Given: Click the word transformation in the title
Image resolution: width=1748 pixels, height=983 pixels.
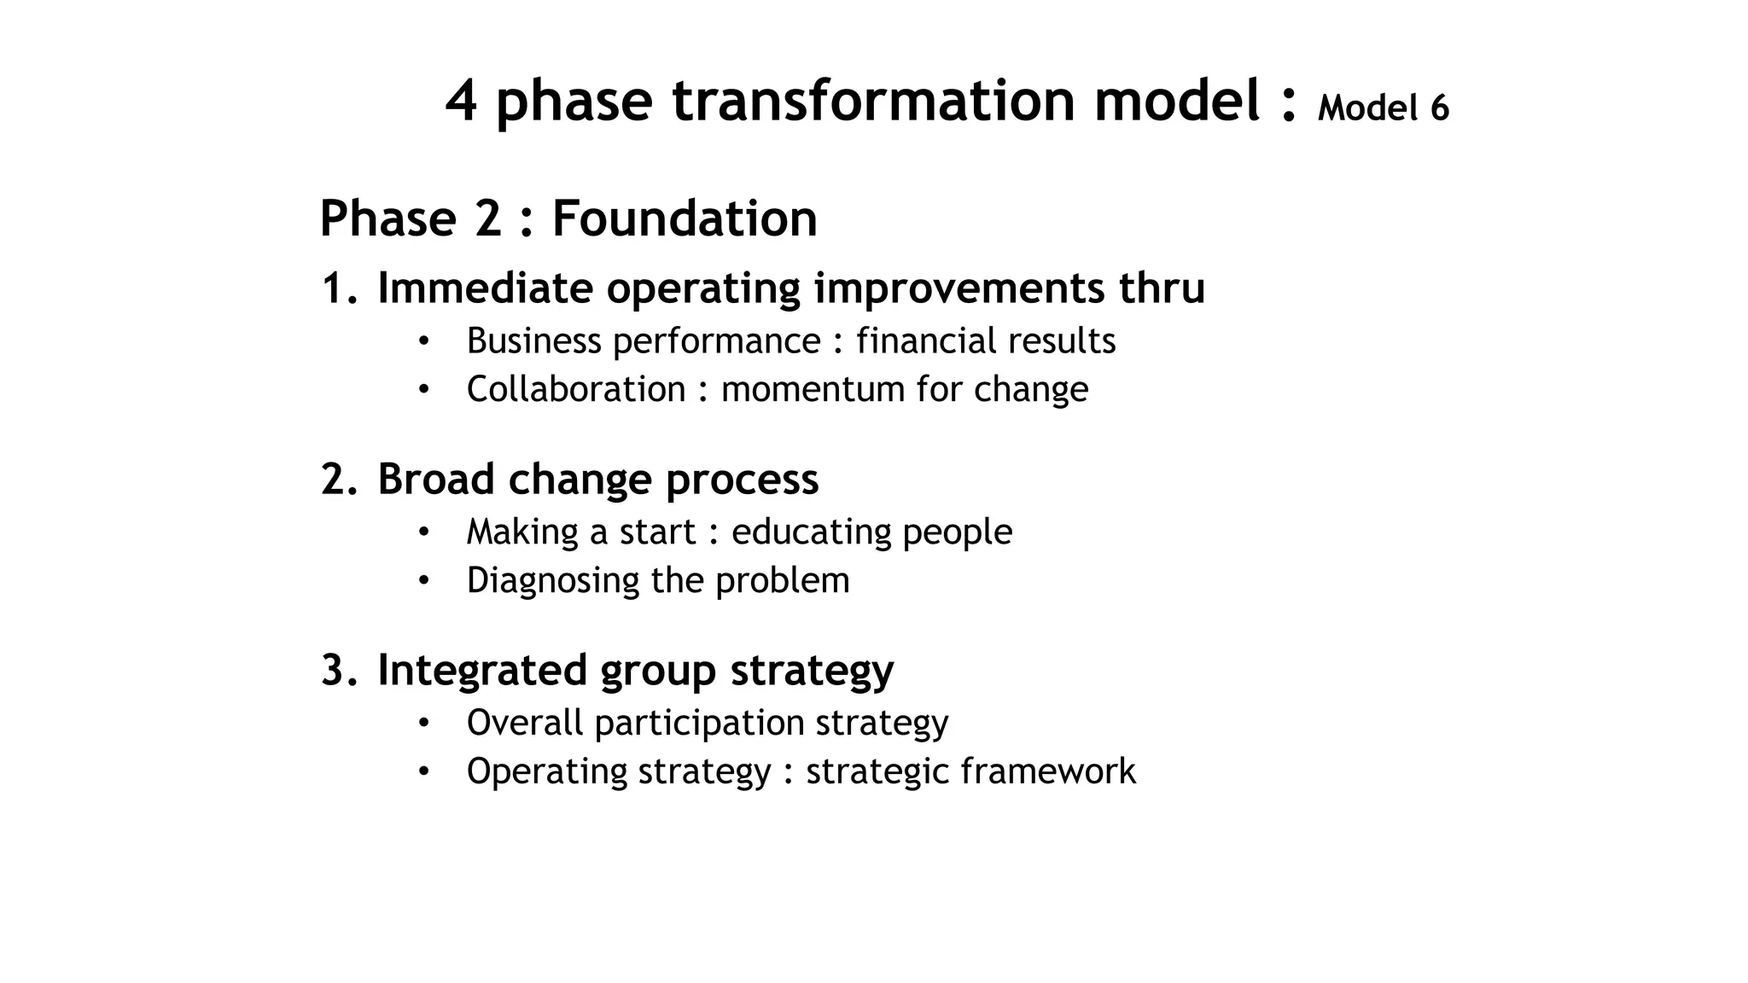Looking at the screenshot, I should click(873, 101).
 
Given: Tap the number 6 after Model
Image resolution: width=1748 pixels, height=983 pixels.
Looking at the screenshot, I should click(1439, 108).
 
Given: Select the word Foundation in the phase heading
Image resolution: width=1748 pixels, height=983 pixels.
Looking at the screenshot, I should click(685, 218).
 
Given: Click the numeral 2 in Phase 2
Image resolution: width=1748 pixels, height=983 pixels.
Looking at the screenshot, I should click(487, 218).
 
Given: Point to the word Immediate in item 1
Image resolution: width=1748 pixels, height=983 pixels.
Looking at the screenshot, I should click(485, 288).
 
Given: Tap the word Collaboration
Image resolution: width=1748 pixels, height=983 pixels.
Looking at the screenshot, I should click(576, 389).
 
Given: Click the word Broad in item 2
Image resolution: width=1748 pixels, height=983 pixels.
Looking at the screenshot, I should click(435, 479).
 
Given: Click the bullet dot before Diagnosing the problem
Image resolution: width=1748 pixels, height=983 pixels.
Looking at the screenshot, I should click(423, 581).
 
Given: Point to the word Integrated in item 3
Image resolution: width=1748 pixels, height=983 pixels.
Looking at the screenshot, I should click(482, 670).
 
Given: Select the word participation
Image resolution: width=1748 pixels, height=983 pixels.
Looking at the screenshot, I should click(699, 724).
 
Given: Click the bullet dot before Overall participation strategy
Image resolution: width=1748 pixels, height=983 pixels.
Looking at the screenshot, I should click(423, 724).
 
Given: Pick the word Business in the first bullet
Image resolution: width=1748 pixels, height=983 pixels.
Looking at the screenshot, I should click(534, 340).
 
